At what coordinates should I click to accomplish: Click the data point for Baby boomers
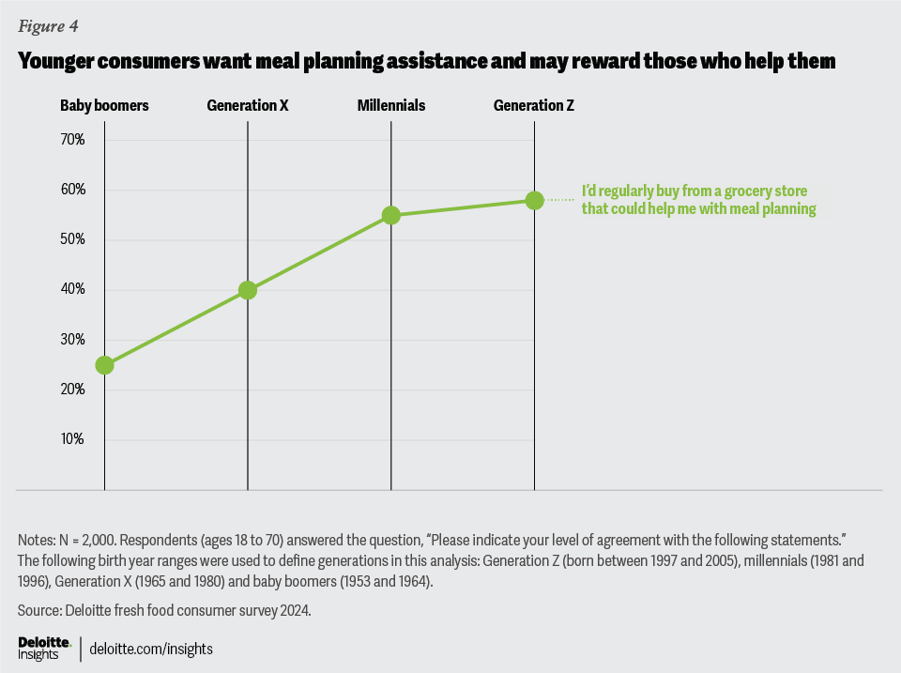[x=104, y=365]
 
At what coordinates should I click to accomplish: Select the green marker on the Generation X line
[x=248, y=290]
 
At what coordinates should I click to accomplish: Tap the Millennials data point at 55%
[x=391, y=215]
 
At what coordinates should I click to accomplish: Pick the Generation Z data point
[x=534, y=200]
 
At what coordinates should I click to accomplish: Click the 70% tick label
[x=72, y=140]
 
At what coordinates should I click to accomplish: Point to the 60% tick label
[x=72, y=190]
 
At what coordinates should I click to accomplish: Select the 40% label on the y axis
[x=72, y=290]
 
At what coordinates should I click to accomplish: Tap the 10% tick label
[x=72, y=439]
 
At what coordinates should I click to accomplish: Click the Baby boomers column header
[x=104, y=105]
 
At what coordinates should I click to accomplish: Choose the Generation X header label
[x=248, y=105]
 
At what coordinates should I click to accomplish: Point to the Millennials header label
[x=391, y=105]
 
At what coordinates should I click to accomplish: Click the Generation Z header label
[x=534, y=105]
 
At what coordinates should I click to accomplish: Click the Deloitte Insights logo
[x=44, y=647]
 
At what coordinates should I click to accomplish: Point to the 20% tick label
[x=72, y=390]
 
